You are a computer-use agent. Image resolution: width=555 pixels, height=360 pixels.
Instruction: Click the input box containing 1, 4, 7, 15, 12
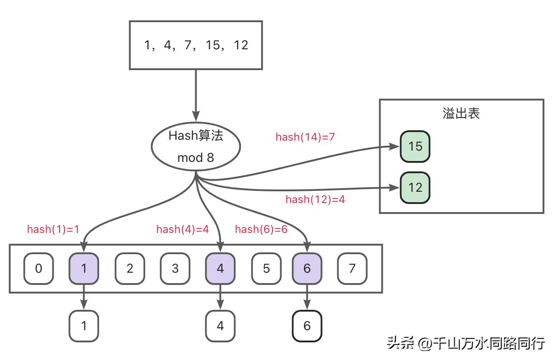coord(196,45)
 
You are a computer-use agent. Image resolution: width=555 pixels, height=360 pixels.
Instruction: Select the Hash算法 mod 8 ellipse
coord(195,147)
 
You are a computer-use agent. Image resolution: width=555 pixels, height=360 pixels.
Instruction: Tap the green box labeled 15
coord(415,147)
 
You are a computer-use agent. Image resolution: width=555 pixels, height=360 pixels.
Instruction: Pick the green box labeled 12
coord(415,187)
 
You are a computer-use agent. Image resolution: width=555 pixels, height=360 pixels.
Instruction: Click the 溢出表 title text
coord(461,113)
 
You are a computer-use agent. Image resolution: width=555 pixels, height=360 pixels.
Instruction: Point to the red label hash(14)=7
coord(305,137)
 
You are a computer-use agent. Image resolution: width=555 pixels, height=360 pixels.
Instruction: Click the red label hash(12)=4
coord(315,199)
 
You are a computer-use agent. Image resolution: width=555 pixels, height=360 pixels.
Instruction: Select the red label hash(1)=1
coord(53,229)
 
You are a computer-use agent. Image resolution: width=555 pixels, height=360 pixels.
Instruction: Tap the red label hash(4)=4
coord(183,229)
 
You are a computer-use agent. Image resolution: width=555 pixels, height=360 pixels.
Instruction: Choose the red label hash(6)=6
coord(261,229)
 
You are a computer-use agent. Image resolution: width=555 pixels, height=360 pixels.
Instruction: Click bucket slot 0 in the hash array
coord(38,269)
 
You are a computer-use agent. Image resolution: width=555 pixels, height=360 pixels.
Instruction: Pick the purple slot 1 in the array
coord(84,269)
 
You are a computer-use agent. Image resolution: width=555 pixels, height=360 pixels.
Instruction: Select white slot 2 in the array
coord(130,269)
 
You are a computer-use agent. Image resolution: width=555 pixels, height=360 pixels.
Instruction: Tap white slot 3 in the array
coord(175,269)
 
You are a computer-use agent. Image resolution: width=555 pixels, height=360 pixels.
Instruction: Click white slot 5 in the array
coord(266,269)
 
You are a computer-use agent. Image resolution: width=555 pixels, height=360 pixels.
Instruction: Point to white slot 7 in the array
coord(352,269)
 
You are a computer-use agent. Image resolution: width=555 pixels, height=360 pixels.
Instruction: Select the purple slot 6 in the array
coord(307,269)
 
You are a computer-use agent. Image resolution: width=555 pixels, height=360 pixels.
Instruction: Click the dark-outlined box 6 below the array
coord(307,326)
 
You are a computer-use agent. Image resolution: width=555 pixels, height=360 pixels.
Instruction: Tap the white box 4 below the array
coord(220,326)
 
